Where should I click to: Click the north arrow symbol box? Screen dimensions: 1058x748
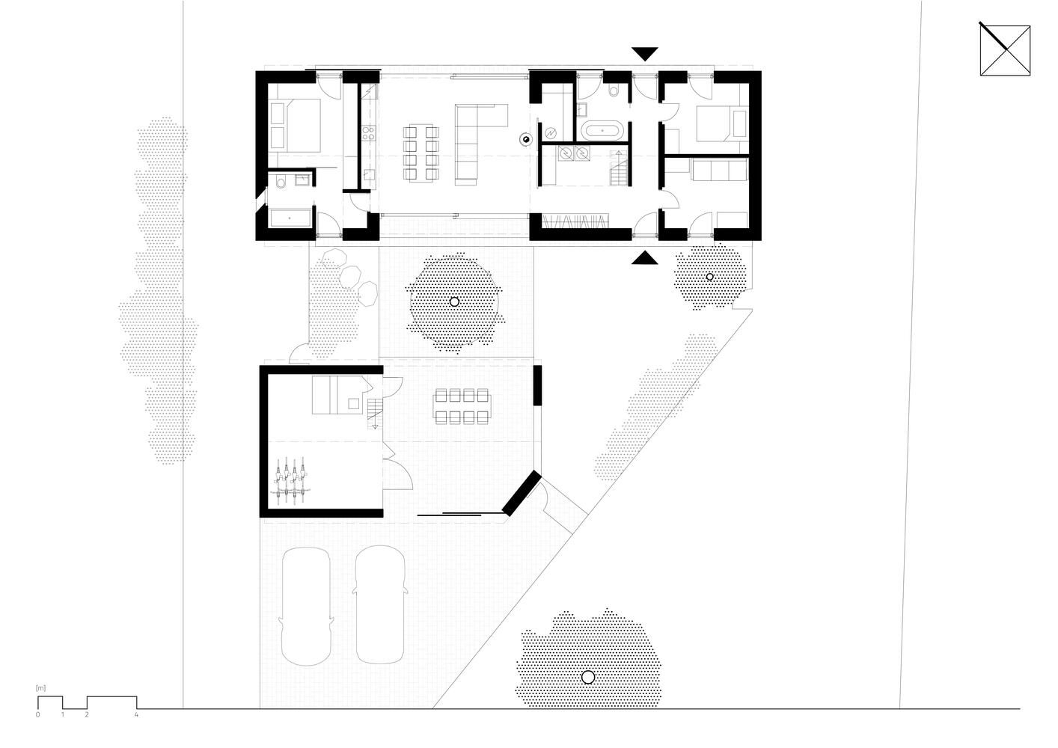point(1005,50)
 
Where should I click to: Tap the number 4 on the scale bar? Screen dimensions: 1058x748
point(136,714)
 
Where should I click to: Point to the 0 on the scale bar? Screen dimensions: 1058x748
point(37,714)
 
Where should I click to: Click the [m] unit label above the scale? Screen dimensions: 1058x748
point(40,688)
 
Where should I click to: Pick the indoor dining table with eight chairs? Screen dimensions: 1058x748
point(421,152)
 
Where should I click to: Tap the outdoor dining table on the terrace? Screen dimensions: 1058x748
point(462,407)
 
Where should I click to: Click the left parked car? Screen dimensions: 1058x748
point(305,606)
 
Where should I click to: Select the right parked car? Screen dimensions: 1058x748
point(381,604)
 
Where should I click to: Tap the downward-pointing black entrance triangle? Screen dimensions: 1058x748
point(645,53)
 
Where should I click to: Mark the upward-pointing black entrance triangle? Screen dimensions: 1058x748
point(645,257)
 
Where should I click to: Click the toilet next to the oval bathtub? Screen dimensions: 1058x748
point(614,89)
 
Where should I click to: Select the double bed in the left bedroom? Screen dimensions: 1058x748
point(296,125)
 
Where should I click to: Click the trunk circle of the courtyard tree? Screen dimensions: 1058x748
point(454,301)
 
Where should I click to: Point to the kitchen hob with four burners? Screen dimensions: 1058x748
point(369,132)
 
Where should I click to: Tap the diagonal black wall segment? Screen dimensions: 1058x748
point(522,493)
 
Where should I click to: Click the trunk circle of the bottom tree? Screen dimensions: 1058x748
point(588,677)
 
